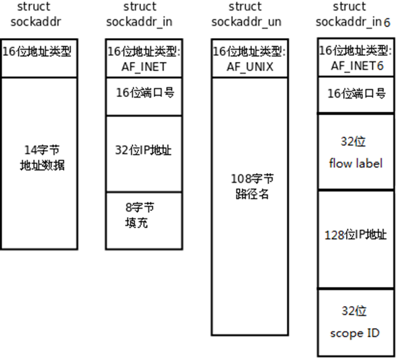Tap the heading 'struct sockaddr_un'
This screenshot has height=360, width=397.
(x=245, y=14)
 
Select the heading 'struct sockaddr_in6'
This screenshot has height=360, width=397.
(x=352, y=14)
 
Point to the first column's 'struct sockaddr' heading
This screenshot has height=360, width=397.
(x=38, y=14)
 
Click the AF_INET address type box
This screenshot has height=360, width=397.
(x=143, y=59)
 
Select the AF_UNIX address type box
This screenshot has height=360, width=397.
(x=248, y=59)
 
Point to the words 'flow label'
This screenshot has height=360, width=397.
(x=355, y=163)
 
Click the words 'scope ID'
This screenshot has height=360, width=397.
(x=355, y=334)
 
